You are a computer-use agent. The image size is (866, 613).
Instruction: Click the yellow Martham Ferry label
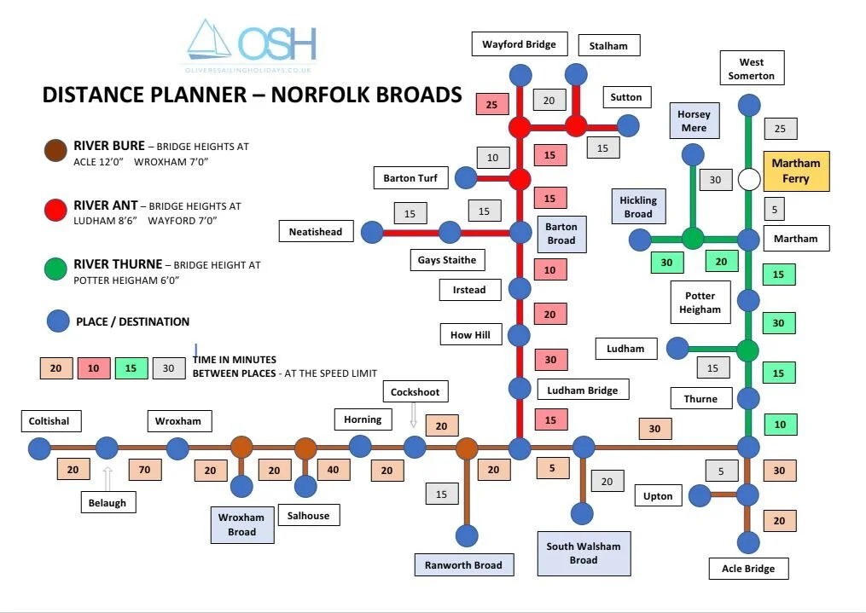pyautogui.click(x=796, y=171)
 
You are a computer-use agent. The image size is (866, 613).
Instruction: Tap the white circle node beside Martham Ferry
pyautogui.click(x=749, y=180)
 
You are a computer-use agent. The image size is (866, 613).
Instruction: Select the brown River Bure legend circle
pyautogui.click(x=56, y=152)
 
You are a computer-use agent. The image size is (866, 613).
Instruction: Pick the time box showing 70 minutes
pyautogui.click(x=145, y=470)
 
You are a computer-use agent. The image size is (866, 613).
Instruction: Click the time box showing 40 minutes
pyautogui.click(x=334, y=470)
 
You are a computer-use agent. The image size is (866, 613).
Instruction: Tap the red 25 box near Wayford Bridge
pyautogui.click(x=492, y=104)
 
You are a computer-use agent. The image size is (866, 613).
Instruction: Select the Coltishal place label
pyautogui.click(x=49, y=421)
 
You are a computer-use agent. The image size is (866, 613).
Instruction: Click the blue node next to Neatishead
pyautogui.click(x=372, y=232)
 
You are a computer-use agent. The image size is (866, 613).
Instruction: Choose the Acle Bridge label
pyautogui.click(x=748, y=569)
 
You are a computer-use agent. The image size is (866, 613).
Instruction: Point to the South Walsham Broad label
pyautogui.click(x=584, y=553)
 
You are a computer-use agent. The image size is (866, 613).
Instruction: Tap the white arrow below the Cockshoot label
pyautogui.click(x=414, y=415)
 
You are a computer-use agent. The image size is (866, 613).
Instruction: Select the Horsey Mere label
pyautogui.click(x=694, y=121)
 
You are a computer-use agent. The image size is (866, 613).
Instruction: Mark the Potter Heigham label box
pyautogui.click(x=700, y=303)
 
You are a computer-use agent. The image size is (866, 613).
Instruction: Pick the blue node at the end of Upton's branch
pyautogui.click(x=700, y=495)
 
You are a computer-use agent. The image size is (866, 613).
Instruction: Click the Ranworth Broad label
pyautogui.click(x=463, y=564)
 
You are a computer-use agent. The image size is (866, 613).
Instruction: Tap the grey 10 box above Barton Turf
pyautogui.click(x=492, y=158)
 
